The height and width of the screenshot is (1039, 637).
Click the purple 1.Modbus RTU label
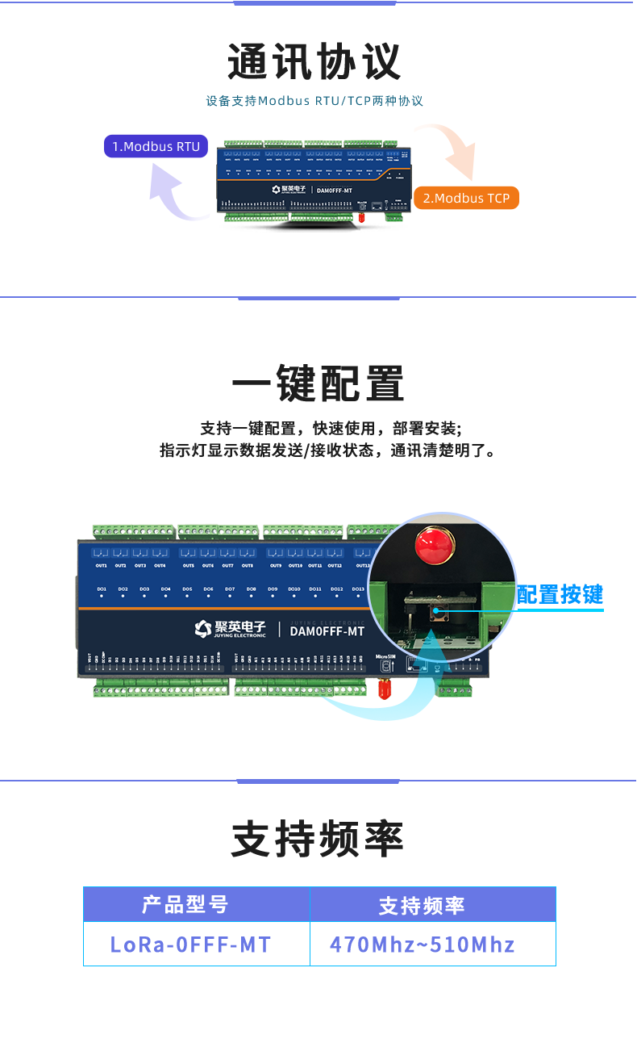tap(156, 146)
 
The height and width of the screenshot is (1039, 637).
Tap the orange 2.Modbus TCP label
tap(466, 198)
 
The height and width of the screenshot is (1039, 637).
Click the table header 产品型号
tap(186, 905)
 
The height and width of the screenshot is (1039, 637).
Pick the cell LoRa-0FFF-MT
tap(191, 945)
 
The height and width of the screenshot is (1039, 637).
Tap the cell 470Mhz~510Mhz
tap(423, 945)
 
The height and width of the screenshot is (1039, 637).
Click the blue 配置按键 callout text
tap(560, 595)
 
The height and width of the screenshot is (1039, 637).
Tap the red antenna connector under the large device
tap(385, 689)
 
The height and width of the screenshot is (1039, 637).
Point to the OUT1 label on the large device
tap(102, 565)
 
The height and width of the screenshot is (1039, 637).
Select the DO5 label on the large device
tap(187, 589)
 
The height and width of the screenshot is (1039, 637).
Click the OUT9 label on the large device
tap(276, 565)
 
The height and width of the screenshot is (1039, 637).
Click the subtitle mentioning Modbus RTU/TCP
tap(314, 101)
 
